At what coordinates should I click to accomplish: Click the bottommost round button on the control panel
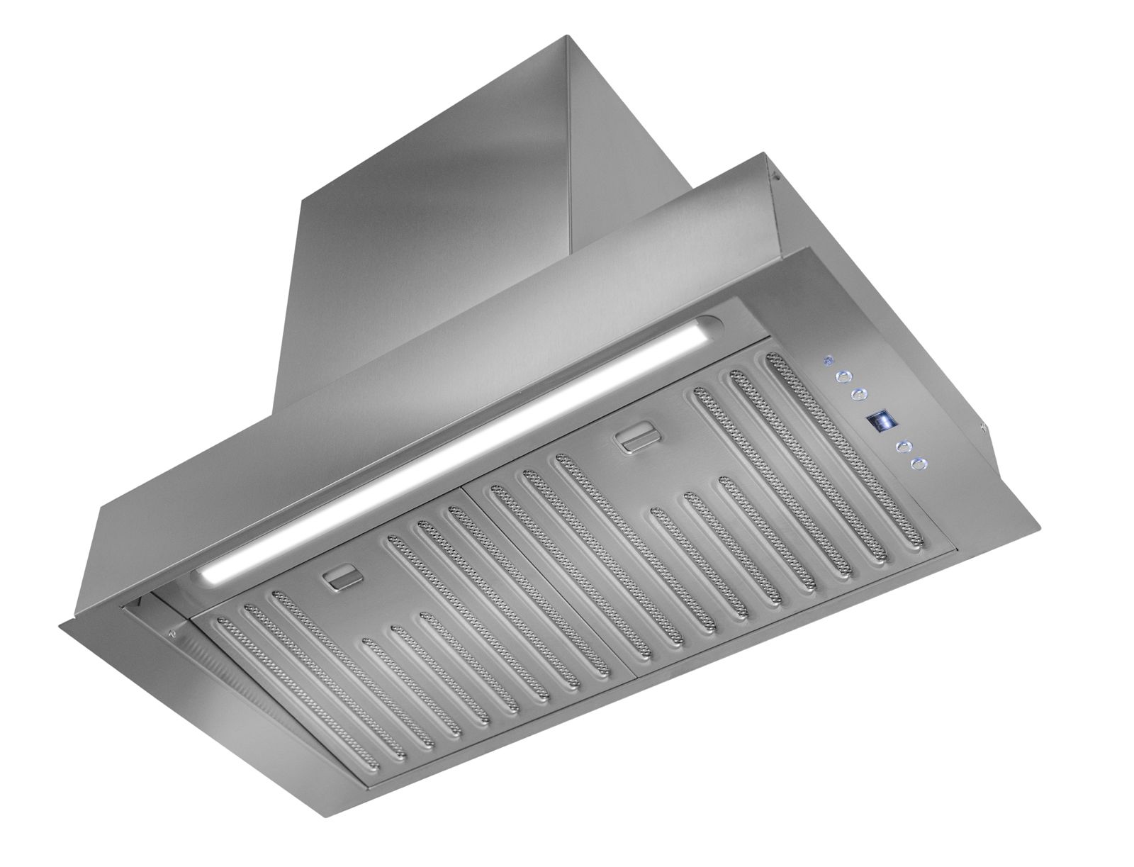[919, 464]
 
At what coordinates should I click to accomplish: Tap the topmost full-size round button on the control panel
[844, 378]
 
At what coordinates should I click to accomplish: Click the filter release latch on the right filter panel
[634, 440]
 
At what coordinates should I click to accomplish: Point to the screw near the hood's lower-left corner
[169, 631]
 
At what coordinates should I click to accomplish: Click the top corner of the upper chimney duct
[565, 38]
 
